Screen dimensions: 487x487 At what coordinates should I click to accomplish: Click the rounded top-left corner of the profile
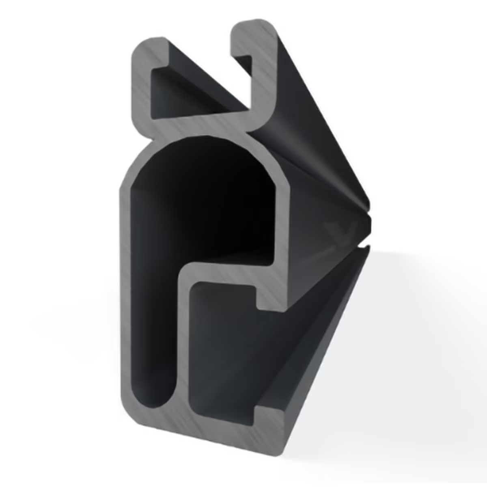[x=140, y=47]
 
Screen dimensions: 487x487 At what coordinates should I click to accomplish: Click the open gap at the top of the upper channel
[x=203, y=45]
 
